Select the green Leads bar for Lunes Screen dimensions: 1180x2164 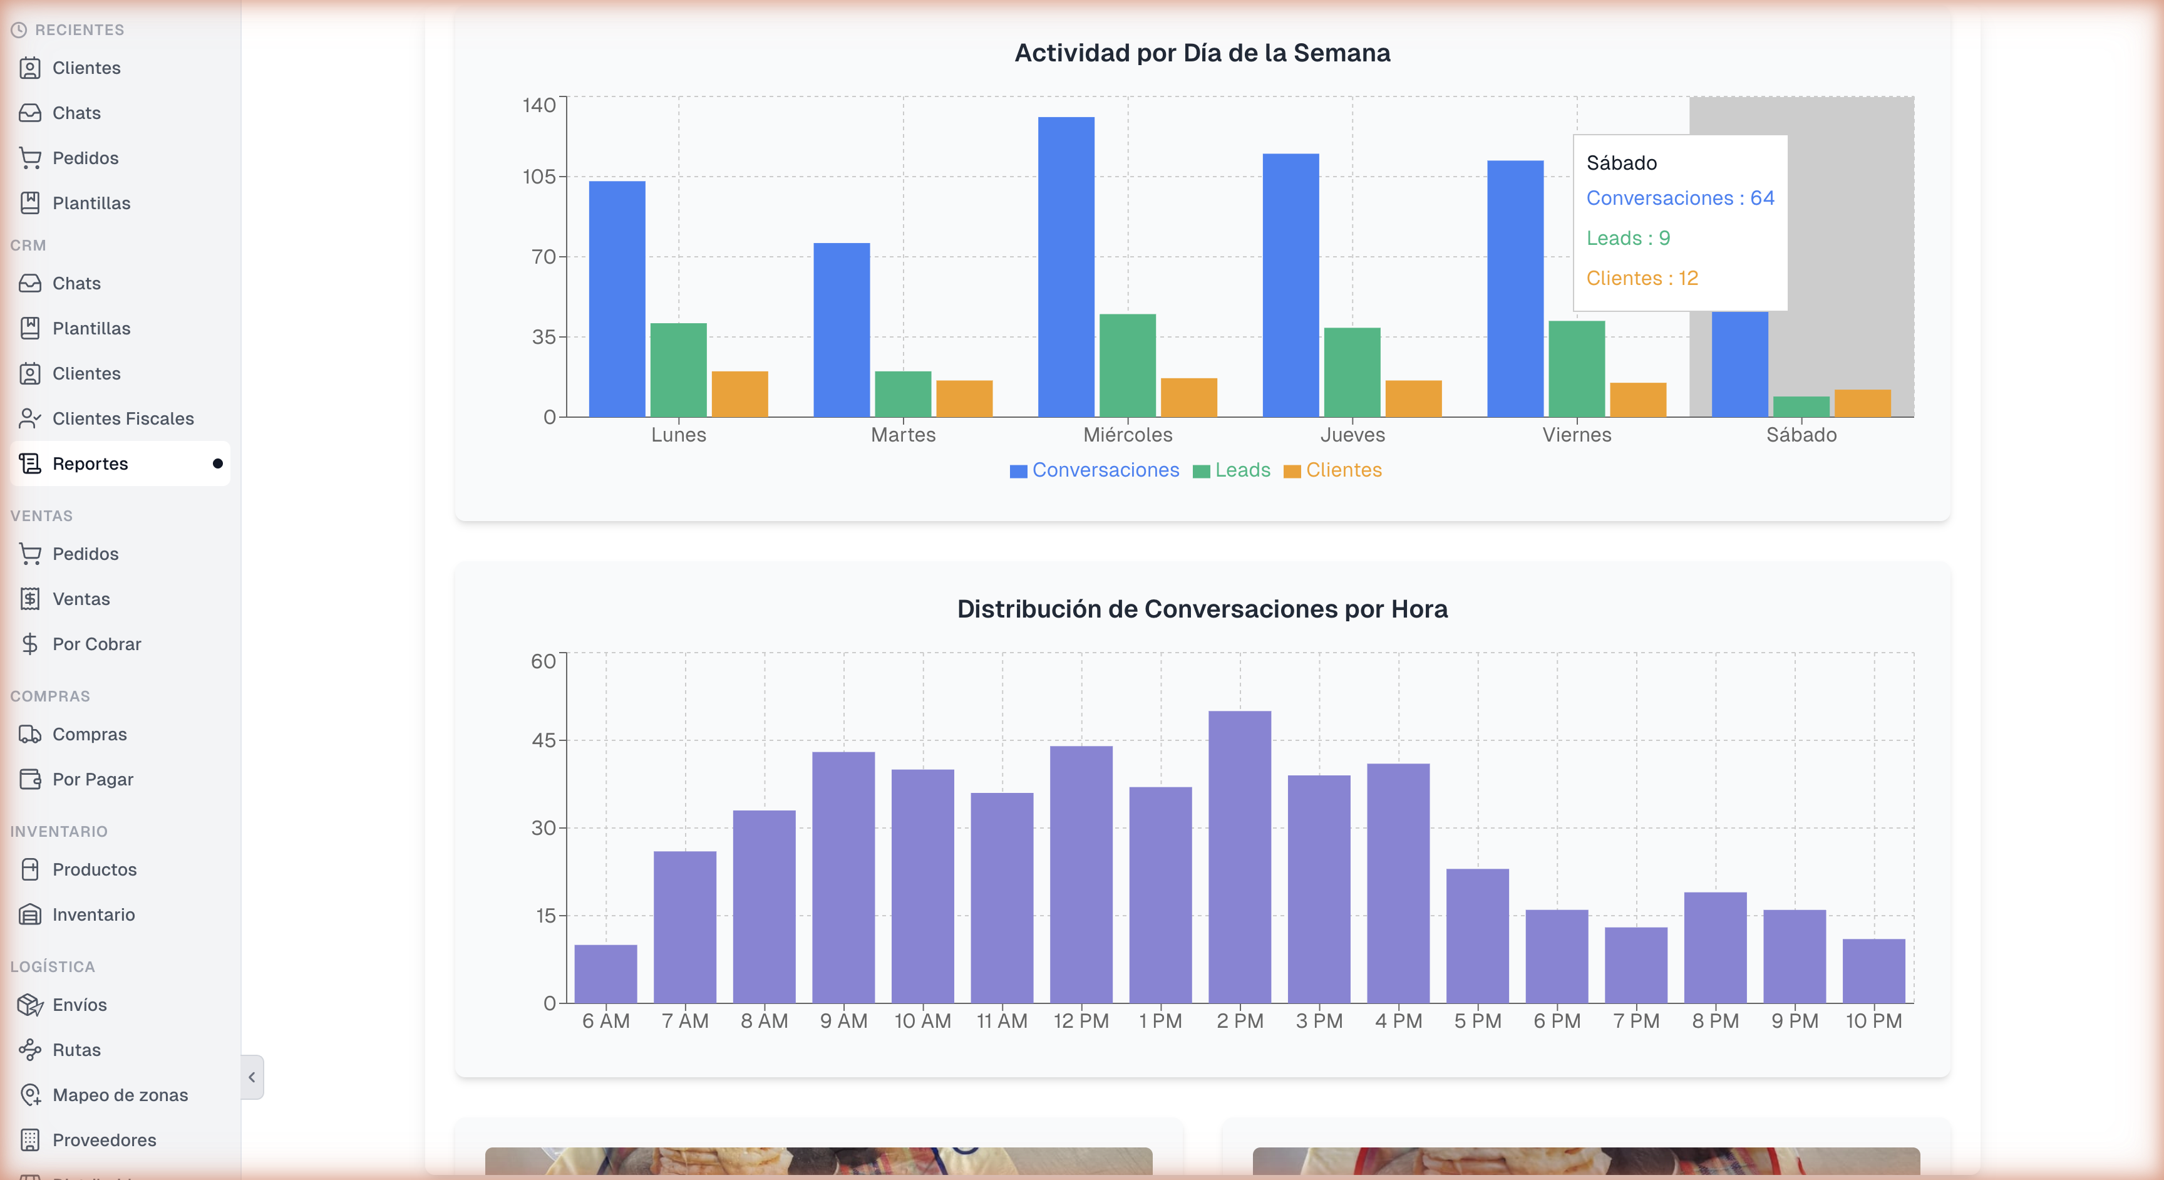coord(678,370)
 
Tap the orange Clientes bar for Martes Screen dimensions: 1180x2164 coord(964,398)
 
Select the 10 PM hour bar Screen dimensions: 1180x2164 coord(1873,971)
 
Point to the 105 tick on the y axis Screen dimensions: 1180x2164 coord(539,177)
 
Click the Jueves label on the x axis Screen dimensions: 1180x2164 coord(1352,435)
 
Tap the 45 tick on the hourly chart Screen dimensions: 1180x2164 coord(544,740)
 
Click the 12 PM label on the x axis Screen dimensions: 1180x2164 coord(1081,1021)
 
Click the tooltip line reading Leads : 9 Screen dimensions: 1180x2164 coord(1627,239)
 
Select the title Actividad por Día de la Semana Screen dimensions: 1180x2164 coord(1202,53)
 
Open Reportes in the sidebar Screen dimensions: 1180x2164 coord(91,464)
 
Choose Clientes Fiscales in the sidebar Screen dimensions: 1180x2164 coord(123,418)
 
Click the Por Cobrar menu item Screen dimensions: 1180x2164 coord(96,644)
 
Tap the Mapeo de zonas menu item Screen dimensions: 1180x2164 coord(120,1095)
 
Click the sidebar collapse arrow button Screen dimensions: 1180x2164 coord(252,1077)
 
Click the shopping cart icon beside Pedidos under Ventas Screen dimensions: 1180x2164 coord(30,554)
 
